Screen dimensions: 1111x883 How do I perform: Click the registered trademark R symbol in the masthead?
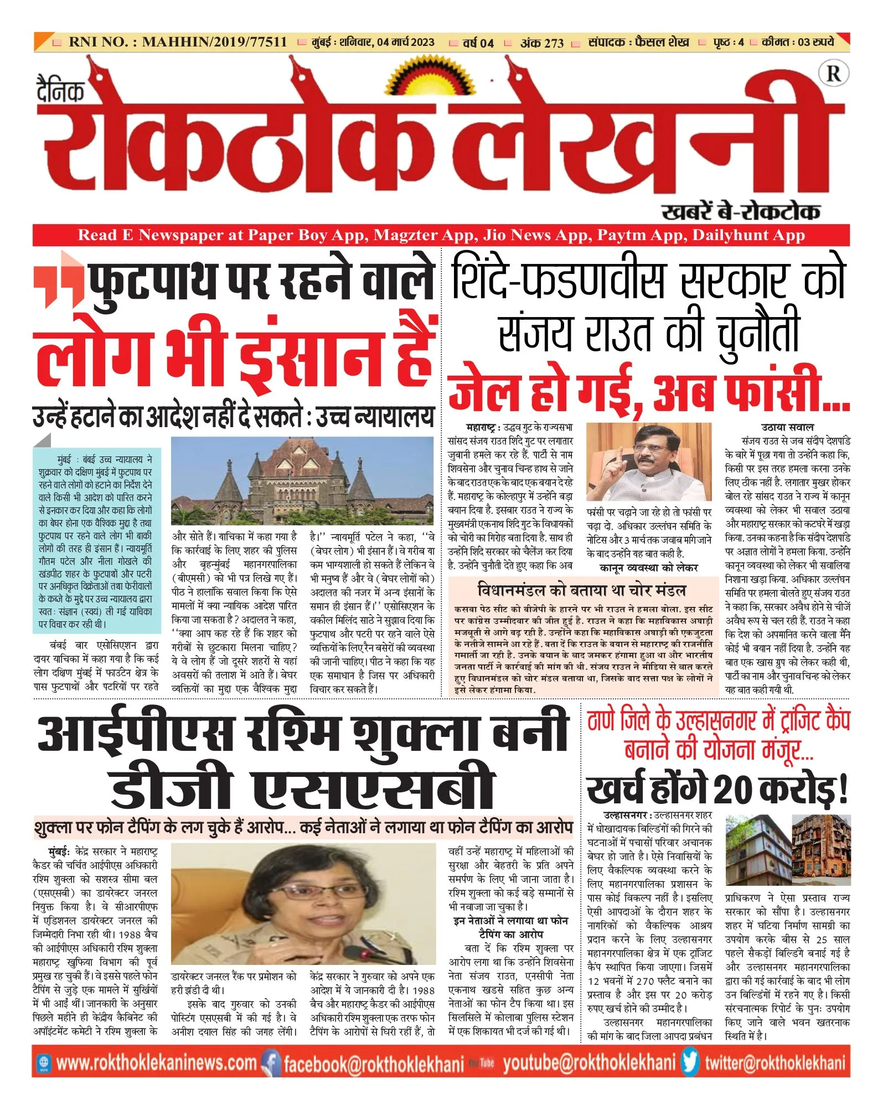click(x=833, y=74)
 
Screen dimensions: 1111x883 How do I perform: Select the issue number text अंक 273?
click(x=541, y=43)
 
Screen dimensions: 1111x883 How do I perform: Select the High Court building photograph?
click(x=302, y=480)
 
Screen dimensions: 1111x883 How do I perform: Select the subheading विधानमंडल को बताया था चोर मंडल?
click(x=581, y=590)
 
